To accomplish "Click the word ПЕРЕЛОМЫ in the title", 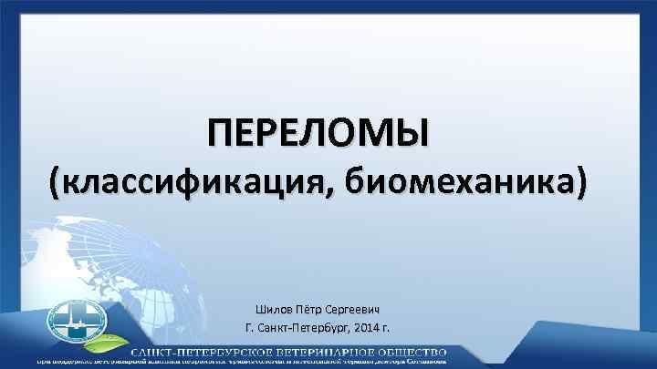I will click(x=318, y=133).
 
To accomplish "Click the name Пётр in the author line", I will click(x=314, y=310).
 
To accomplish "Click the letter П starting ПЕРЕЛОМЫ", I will click(x=218, y=133).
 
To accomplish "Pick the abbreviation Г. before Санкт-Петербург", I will click(x=250, y=328).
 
